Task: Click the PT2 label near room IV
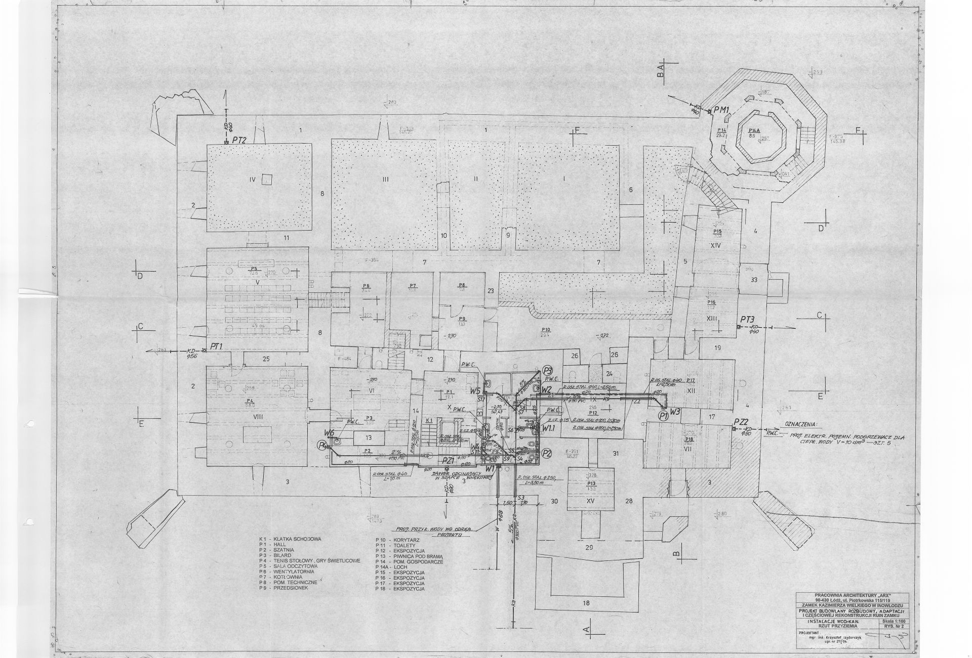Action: point(239,140)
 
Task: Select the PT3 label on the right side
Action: point(747,319)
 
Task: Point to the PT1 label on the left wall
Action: point(217,346)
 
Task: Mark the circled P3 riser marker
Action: point(547,370)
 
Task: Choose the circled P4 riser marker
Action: point(321,445)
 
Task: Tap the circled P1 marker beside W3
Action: point(663,415)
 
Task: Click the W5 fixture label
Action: point(474,390)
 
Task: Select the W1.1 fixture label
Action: point(549,428)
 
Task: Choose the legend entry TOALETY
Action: point(401,545)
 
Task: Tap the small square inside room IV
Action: point(267,179)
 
